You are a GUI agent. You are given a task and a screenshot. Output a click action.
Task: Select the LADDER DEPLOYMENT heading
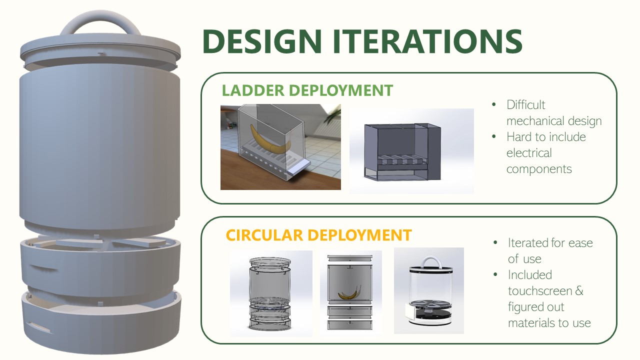click(307, 90)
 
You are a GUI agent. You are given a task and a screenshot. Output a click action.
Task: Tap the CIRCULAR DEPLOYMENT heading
click(318, 235)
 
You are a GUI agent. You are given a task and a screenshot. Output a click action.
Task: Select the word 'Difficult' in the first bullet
click(525, 105)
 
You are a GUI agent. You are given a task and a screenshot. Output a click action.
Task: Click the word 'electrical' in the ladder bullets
click(529, 153)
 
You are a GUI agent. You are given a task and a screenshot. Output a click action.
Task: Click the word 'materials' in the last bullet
click(531, 323)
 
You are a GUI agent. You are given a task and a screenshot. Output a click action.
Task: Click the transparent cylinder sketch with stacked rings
click(270, 292)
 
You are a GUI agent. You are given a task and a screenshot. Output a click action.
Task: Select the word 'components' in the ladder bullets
click(539, 169)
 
